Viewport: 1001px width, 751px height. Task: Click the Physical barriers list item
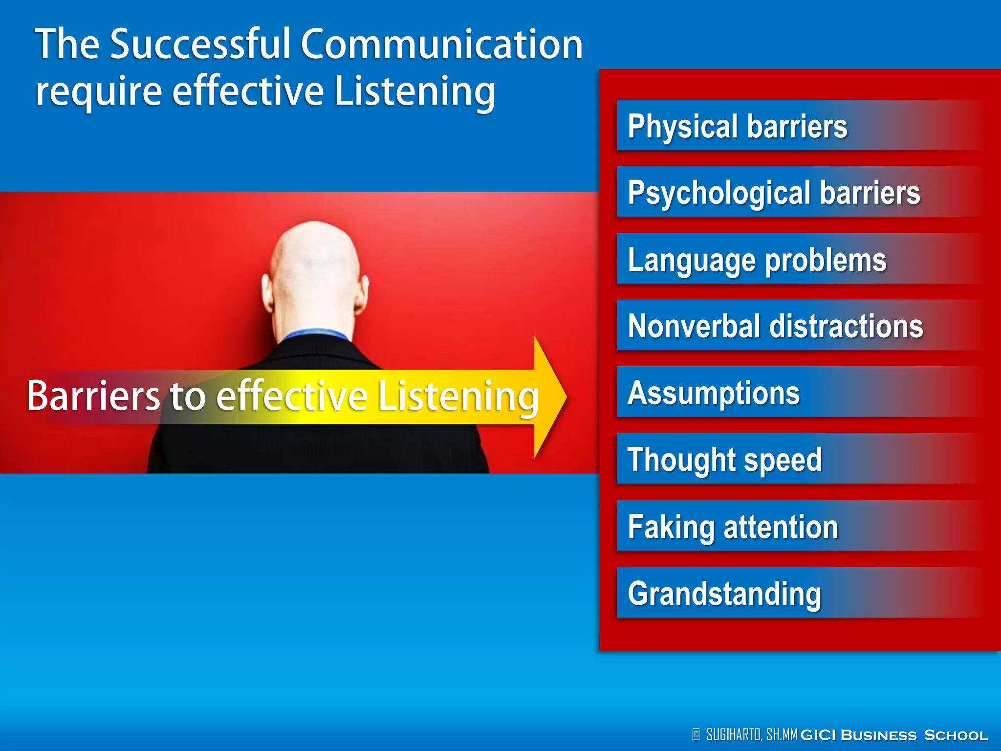[x=737, y=126]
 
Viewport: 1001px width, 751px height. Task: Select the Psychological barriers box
[x=773, y=192]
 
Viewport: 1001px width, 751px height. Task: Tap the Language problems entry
[x=757, y=259]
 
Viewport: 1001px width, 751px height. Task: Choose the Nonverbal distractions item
[x=775, y=326]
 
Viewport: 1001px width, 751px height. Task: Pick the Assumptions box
[x=714, y=392]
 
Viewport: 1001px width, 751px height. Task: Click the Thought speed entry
[x=724, y=459]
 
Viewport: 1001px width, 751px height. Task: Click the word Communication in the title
[x=441, y=44]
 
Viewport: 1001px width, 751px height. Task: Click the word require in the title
[x=98, y=92]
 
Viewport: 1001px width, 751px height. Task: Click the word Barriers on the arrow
[x=93, y=395]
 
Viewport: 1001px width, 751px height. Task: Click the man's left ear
[x=267, y=293]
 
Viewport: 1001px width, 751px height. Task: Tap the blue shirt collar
[x=315, y=334]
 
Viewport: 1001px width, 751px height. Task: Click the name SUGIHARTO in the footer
[x=733, y=734]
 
